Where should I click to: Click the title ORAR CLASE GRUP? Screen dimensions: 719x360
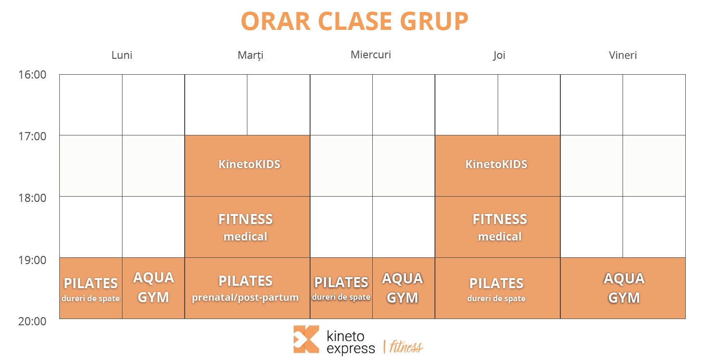354,21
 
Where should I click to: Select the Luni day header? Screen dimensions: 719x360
122,55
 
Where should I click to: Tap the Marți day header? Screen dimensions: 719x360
250,55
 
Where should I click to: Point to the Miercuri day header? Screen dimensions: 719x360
371,54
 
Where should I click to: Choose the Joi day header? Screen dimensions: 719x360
499,55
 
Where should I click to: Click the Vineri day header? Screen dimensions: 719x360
623,55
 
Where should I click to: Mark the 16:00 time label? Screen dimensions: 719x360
32,74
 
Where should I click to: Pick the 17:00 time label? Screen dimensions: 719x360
32,136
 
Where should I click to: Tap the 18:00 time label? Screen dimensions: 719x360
32,198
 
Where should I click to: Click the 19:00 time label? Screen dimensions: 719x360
32,260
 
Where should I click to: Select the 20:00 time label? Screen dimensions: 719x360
32,321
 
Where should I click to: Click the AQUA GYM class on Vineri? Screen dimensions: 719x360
623,288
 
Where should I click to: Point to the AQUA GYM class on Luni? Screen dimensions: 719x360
153,288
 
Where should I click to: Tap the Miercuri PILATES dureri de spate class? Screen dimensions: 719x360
341,288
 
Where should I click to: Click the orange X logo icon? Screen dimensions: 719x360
306,339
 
